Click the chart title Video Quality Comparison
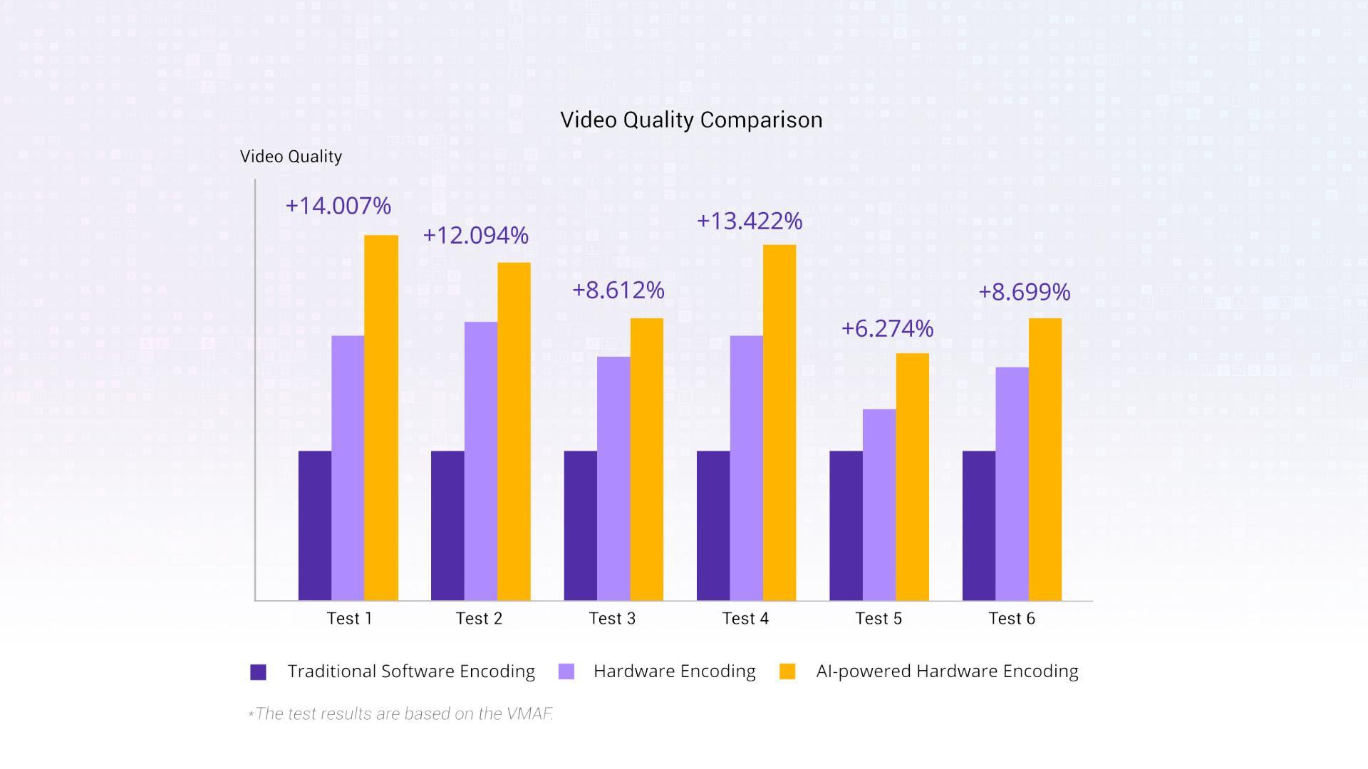691,120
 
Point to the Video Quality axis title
291,157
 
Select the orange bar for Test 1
381,418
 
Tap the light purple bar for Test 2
481,461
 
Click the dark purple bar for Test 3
580,525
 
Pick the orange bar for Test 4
779,422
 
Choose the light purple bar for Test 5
879,505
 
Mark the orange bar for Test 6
1045,459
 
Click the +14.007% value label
338,206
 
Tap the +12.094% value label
476,236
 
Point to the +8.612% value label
618,291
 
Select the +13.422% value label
750,221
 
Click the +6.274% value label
887,329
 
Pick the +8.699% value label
1024,292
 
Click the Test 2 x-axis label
479,619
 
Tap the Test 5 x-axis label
879,619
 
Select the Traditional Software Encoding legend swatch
259,672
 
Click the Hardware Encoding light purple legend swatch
566,671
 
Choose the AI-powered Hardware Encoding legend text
947,671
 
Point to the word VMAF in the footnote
529,714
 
